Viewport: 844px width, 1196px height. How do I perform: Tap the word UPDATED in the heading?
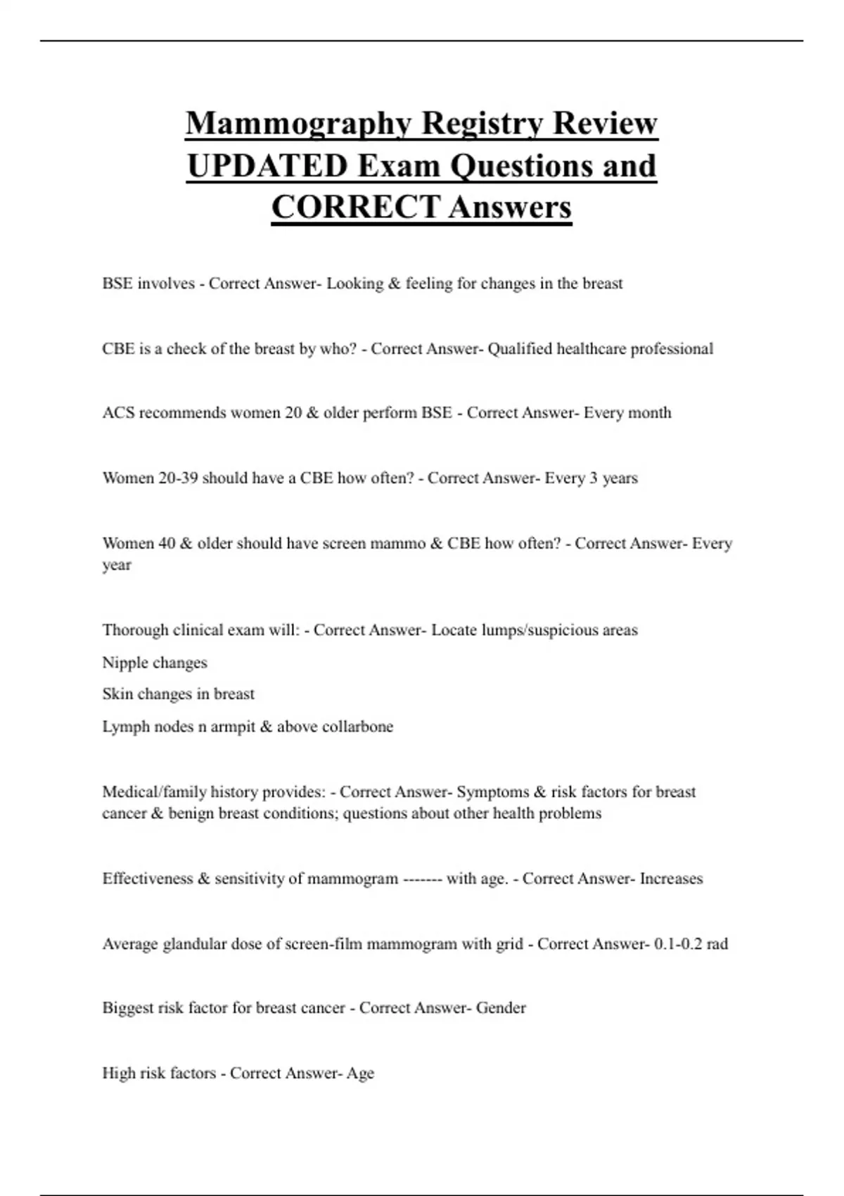point(267,166)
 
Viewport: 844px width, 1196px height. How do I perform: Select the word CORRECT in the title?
point(355,208)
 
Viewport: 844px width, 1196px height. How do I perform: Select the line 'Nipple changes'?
point(155,663)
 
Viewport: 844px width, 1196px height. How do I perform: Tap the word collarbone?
point(357,727)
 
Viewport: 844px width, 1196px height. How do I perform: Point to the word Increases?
point(671,879)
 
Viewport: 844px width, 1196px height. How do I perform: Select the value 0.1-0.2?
point(677,944)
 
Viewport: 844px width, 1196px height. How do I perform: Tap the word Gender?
point(501,1008)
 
